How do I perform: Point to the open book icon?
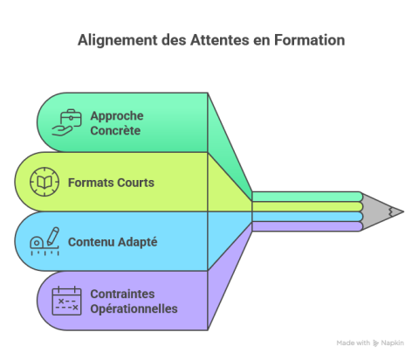pyautogui.click(x=43, y=183)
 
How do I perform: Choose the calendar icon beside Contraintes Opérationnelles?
pyautogui.click(x=65, y=300)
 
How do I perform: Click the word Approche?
pyautogui.click(x=116, y=115)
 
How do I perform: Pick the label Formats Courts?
pyautogui.click(x=111, y=183)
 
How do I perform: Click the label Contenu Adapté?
pyautogui.click(x=112, y=241)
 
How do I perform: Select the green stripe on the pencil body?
pyautogui.click(x=306, y=197)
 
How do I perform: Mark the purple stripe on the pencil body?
pyautogui.click(x=306, y=226)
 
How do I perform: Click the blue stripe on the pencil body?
pyautogui.click(x=306, y=217)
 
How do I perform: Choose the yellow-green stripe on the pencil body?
pyautogui.click(x=306, y=206)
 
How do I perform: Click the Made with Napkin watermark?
pyautogui.click(x=370, y=343)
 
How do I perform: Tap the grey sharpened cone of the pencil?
pyautogui.click(x=377, y=211)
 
